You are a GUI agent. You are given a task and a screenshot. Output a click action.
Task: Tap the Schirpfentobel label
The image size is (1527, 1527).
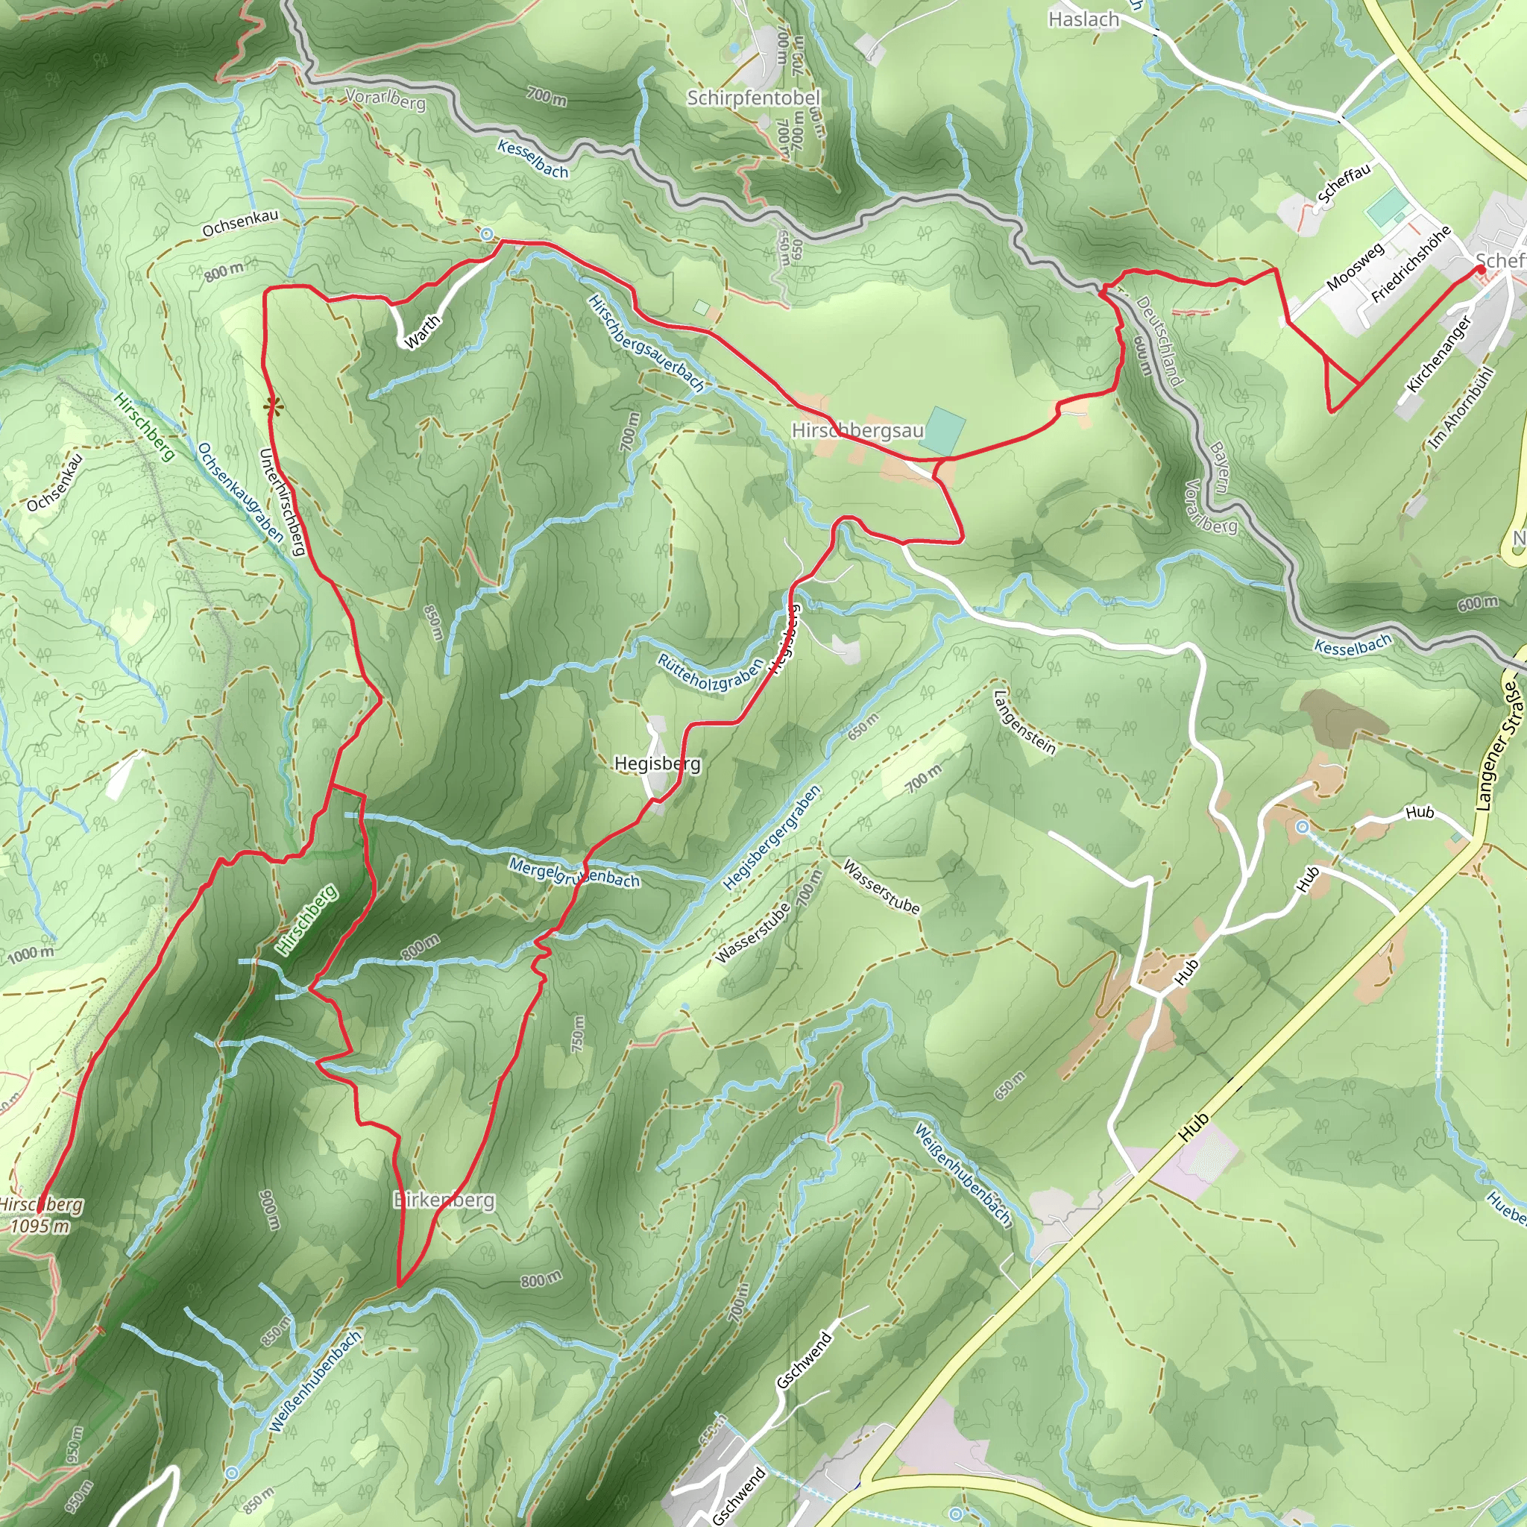point(752,98)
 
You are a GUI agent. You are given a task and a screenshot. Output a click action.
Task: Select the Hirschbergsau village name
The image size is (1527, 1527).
point(857,431)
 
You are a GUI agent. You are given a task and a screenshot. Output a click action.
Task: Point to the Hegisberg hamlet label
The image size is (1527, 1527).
point(657,763)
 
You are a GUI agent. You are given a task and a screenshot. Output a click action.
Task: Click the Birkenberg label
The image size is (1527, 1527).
point(444,1200)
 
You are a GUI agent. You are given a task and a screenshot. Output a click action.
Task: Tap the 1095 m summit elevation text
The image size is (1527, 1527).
point(40,1226)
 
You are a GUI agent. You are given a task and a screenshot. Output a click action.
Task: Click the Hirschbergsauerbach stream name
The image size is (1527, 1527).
point(646,342)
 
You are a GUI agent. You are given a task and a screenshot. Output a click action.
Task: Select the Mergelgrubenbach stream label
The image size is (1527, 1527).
point(574,872)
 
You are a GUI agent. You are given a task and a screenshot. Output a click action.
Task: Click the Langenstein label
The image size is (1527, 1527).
point(1024,722)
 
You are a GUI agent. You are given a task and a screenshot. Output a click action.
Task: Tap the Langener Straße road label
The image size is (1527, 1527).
point(1498,746)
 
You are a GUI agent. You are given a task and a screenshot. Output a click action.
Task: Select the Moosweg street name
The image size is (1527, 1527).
point(1356,265)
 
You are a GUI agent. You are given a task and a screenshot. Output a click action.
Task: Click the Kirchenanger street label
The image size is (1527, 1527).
point(1439,353)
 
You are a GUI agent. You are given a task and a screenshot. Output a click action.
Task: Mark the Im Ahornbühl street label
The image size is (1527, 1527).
point(1461,408)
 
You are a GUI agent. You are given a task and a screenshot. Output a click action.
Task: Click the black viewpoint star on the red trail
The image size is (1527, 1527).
point(274,407)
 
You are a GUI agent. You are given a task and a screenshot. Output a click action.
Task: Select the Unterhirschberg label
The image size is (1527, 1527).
point(282,502)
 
